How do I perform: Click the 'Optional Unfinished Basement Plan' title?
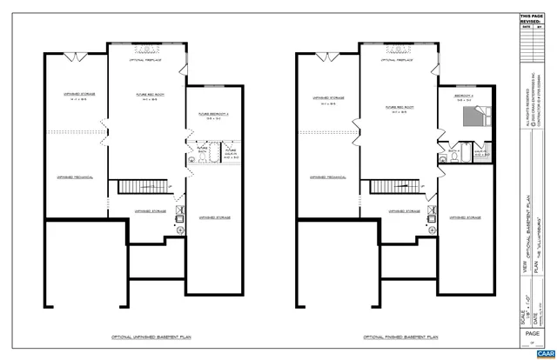pyautogui.click(x=145, y=335)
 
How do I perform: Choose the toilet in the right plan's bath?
pyautogui.click(x=466, y=153)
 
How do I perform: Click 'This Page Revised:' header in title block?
pyautogui.click(x=530, y=19)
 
